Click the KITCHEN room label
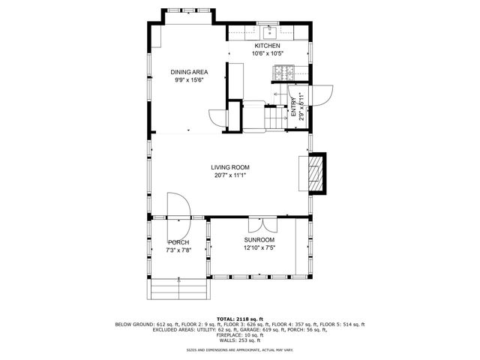click(x=267, y=46)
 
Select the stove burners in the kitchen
click(x=285, y=73)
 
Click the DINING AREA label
click(x=189, y=71)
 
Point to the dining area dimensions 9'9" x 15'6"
click(x=189, y=79)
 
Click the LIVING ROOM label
click(x=229, y=167)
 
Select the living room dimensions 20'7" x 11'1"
click(x=229, y=175)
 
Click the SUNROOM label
click(x=256, y=240)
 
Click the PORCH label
click(x=178, y=242)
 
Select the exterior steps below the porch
click(x=178, y=288)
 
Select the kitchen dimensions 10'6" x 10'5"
click(x=267, y=53)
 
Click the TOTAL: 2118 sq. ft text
click(x=239, y=319)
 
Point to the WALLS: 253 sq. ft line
click(x=239, y=340)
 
